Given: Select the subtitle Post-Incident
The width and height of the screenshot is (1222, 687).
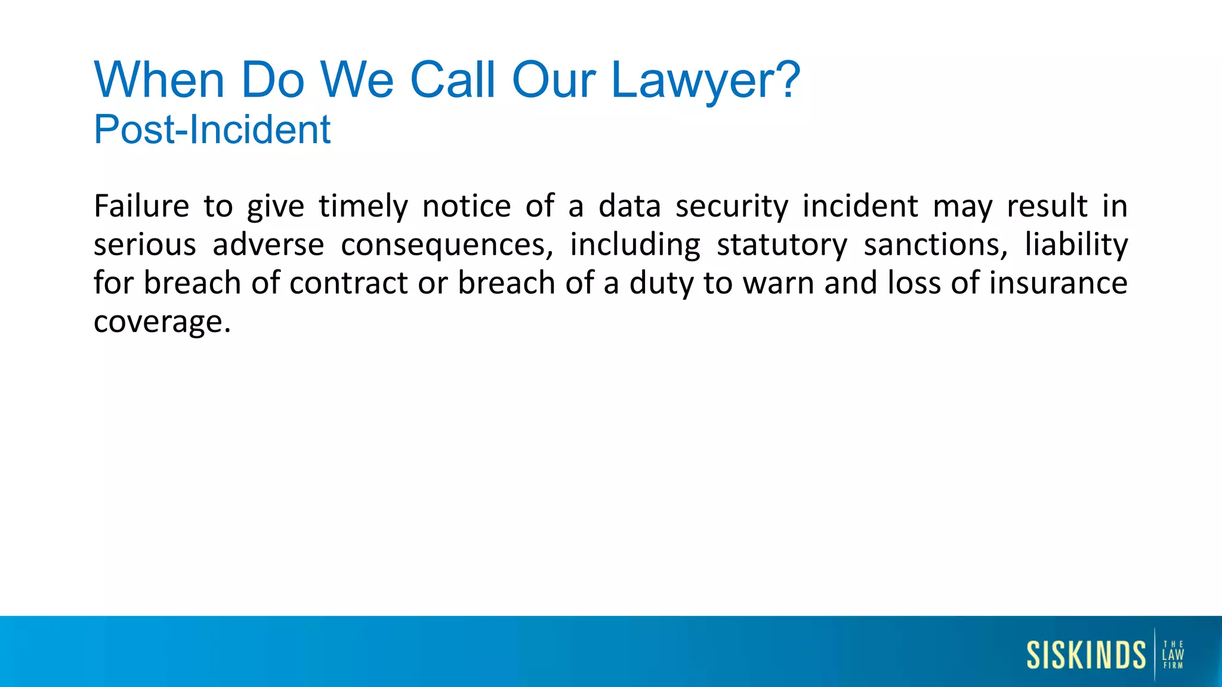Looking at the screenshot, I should coord(212,129).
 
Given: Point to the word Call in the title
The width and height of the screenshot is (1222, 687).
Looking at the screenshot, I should coord(453,80).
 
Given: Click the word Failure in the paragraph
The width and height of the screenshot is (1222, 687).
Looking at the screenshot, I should coord(141,206).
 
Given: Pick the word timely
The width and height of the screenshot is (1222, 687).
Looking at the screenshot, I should coord(363,207).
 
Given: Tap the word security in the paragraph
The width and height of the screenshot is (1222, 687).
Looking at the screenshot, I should coord(732,207).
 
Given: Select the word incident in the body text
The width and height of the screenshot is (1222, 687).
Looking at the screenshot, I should coord(860,206).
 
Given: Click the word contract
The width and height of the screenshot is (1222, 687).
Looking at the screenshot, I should coord(348,283).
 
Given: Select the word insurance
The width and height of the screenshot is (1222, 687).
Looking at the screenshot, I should coord(1058,283).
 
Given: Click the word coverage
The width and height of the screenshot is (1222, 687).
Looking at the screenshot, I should coord(162,323).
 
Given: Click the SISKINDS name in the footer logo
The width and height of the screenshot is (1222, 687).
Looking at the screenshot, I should coord(1086,655).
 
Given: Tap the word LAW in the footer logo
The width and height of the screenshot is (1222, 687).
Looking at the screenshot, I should coord(1173,654).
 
